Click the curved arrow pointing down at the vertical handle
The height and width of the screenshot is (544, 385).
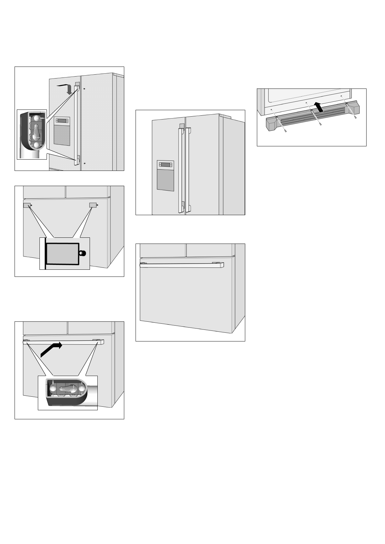click(66, 88)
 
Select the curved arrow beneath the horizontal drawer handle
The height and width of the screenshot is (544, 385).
click(51, 350)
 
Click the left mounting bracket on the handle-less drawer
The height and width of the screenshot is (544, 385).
click(27, 205)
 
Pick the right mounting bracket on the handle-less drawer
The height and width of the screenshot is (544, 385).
click(93, 205)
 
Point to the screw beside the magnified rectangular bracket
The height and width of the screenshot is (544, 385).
click(83, 253)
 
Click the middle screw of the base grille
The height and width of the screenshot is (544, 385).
click(320, 124)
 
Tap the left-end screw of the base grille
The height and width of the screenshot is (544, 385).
click(286, 131)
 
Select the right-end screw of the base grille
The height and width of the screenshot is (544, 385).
click(355, 117)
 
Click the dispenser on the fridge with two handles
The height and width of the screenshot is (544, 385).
click(165, 175)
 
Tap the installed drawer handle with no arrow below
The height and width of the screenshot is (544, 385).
click(181, 265)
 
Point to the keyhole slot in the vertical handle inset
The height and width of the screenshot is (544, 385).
click(36, 131)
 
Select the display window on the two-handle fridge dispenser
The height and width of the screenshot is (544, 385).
click(165, 165)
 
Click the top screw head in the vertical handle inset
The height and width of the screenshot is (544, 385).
click(38, 119)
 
